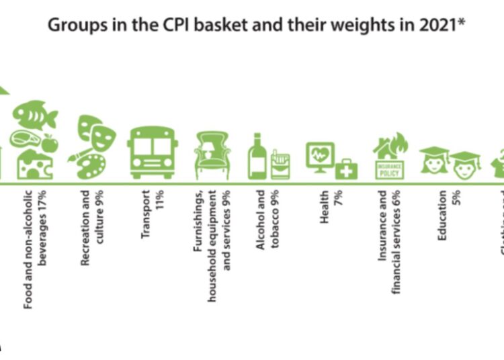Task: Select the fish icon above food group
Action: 34,116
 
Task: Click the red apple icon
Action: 50,143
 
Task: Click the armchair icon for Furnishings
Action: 212,154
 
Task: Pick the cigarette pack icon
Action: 278,165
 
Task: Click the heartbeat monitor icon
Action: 319,156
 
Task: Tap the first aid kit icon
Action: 346,169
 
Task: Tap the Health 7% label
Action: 330,208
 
